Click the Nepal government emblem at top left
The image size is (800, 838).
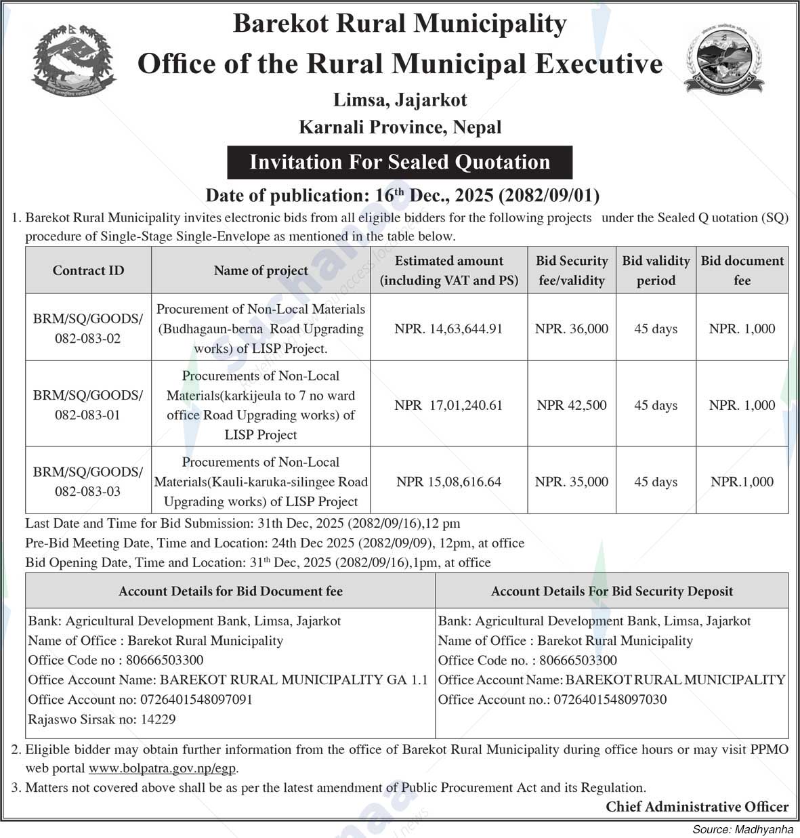74,61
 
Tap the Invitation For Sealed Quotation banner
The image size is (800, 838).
400,163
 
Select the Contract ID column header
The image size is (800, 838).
88,270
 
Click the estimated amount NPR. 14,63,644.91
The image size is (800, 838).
448,329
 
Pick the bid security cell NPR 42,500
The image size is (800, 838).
572,405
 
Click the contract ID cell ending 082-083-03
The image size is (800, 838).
88,482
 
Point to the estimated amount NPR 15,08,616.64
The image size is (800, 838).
448,482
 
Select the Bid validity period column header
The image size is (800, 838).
656,270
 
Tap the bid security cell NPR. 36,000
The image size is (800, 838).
572,329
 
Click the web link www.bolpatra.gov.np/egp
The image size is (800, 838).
163,768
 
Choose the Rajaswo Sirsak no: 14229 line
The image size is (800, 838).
102,719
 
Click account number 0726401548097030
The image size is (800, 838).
610,699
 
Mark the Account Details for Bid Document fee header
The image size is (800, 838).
230,591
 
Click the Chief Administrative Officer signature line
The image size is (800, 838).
697,807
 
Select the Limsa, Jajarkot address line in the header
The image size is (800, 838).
400,100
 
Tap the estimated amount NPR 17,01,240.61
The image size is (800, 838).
448,405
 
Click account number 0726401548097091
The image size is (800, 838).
196,699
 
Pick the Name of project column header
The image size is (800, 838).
261,270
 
